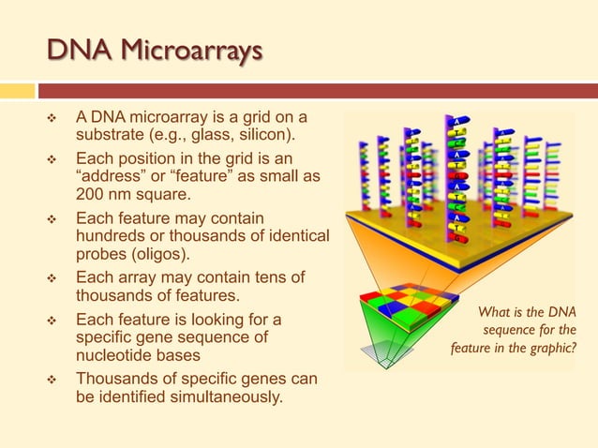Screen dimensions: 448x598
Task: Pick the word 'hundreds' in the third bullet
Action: (112, 236)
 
